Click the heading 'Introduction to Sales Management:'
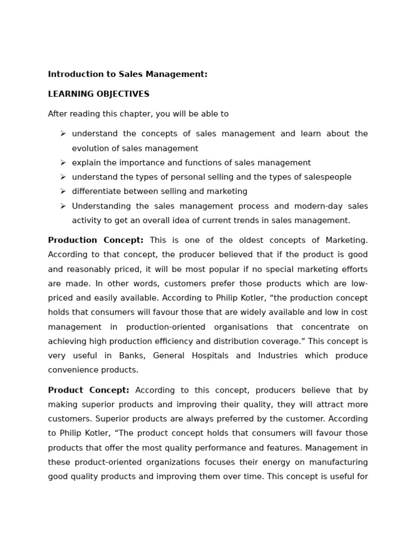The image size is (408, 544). [x=127, y=74]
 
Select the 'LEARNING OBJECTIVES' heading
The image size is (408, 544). [x=99, y=94]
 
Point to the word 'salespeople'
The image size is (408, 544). [x=327, y=177]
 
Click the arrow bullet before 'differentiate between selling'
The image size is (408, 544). [x=63, y=191]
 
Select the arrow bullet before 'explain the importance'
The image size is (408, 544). [x=63, y=163]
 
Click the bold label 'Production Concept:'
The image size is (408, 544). [x=96, y=241]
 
